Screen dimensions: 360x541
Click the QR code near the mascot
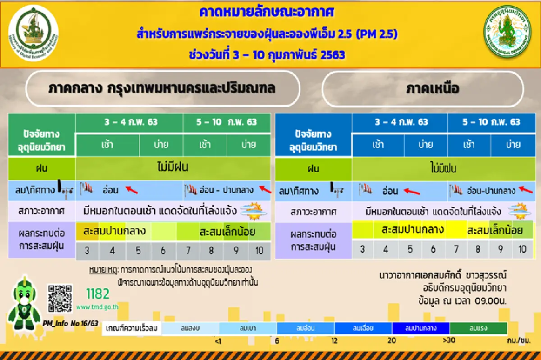pos(60,298)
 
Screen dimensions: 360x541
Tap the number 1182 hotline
pos(98,294)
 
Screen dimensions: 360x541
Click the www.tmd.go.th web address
pos(97,307)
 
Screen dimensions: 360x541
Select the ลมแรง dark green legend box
pos(478,328)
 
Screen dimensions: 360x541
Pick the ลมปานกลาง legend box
pos(421,328)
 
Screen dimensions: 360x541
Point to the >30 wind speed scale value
pos(449,340)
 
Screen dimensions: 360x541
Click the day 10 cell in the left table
pos(259,251)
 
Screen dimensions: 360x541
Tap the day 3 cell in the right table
pos(362,249)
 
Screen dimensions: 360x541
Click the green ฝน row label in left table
pos(42,169)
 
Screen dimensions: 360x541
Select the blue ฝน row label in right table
pos(313,169)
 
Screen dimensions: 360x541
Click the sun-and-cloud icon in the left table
pos(252,210)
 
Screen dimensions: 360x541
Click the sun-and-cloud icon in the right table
pos(519,210)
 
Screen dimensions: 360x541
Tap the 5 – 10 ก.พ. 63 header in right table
pos(491,122)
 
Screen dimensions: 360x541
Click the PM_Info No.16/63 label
pos(70,324)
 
